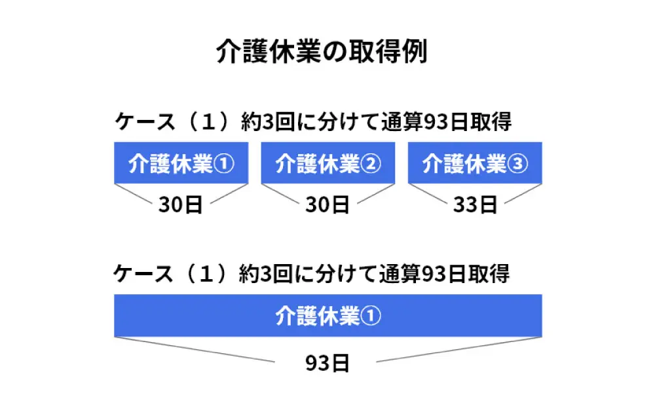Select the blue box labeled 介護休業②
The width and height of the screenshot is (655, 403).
coord(327,163)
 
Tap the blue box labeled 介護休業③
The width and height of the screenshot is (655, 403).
coord(475,163)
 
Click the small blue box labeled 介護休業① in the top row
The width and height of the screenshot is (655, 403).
coord(181,163)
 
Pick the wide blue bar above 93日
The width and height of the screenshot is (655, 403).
coord(327,316)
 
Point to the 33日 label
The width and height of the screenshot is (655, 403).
coord(475,205)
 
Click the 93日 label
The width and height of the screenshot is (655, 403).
coord(327,362)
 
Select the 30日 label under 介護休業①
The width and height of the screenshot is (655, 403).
coord(180,205)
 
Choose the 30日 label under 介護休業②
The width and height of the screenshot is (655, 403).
coord(327,205)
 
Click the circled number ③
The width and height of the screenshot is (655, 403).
coord(517,164)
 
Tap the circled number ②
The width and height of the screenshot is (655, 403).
coord(370,164)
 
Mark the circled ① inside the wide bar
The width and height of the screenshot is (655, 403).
coord(370,317)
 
